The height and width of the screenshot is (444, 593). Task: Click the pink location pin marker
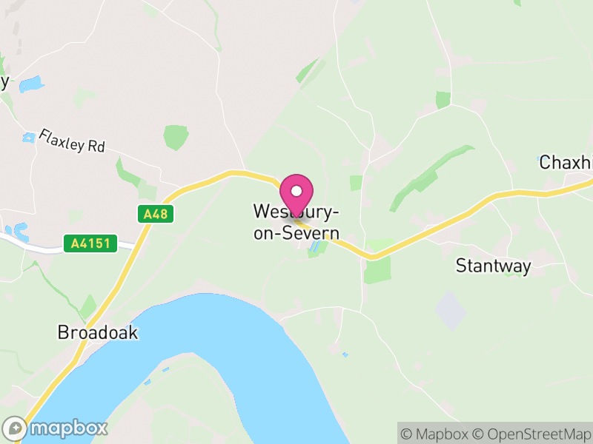[x=296, y=195]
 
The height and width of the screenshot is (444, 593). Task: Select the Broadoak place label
[x=98, y=332]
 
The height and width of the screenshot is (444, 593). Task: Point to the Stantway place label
[x=494, y=266]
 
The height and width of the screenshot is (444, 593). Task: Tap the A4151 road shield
[x=90, y=243]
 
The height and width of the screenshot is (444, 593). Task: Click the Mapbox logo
[x=56, y=428]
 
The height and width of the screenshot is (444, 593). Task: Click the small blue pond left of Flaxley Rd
[x=29, y=137]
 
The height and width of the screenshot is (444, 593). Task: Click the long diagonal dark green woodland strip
[x=430, y=178]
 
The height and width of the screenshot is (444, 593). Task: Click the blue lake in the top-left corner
[x=32, y=84]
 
